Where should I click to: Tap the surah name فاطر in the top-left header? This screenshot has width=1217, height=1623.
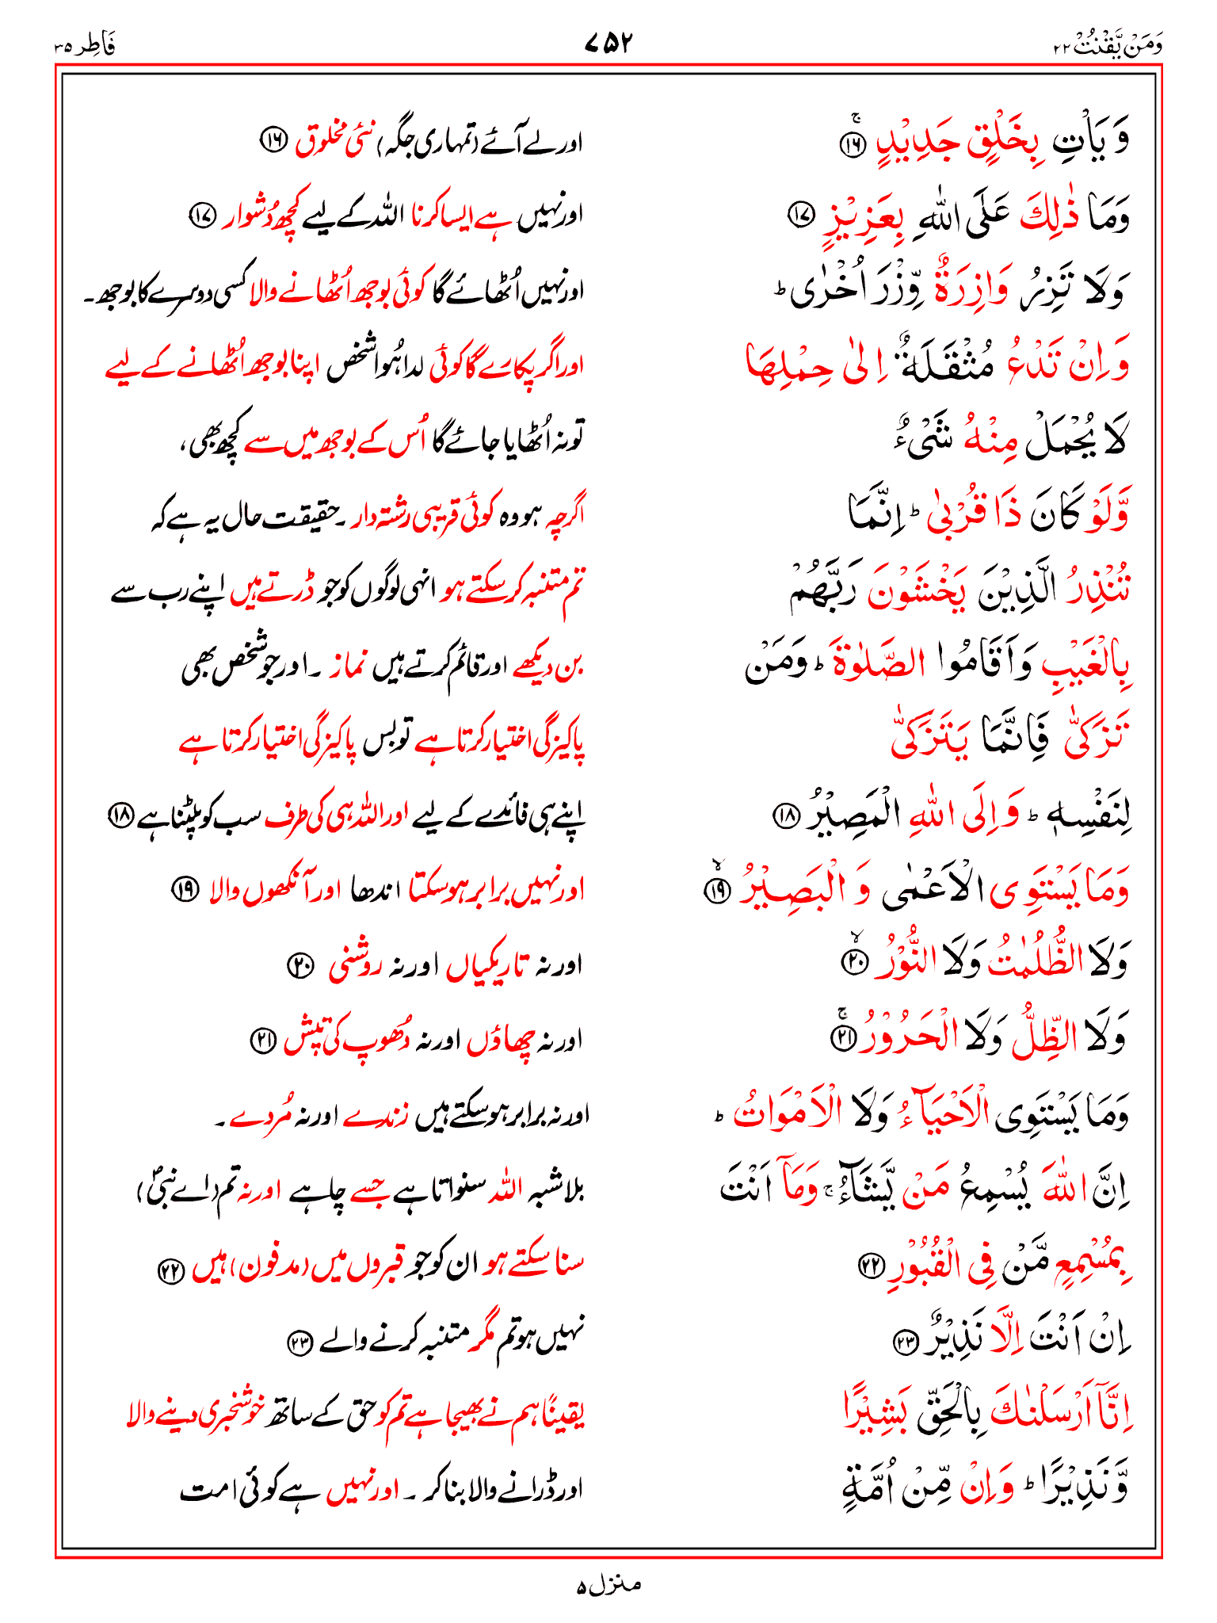point(93,46)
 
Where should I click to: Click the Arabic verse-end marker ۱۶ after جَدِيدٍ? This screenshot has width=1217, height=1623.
point(854,146)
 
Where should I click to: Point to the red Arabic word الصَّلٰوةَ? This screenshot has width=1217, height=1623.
point(868,664)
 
